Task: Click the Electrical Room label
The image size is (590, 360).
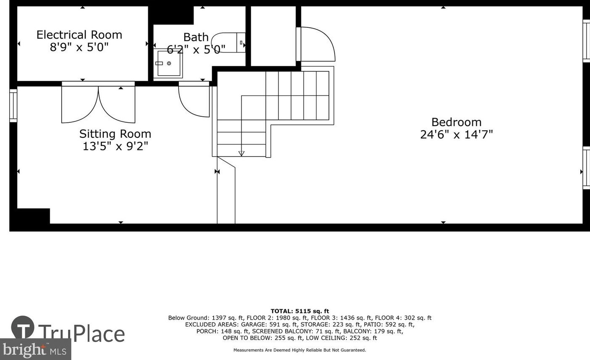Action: pyautogui.click(x=79, y=35)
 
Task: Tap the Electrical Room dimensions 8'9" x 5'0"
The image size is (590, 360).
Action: pyautogui.click(x=79, y=47)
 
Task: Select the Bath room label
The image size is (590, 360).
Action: pyautogui.click(x=196, y=37)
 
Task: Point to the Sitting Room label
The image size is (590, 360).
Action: pyautogui.click(x=115, y=134)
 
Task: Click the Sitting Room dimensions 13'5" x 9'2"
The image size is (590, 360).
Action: pyautogui.click(x=115, y=146)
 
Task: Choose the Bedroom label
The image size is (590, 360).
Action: pyautogui.click(x=456, y=122)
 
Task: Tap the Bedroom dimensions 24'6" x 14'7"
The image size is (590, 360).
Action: pyautogui.click(x=456, y=135)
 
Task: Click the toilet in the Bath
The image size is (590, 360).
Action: pyautogui.click(x=228, y=42)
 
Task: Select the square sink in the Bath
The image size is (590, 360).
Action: pyautogui.click(x=168, y=63)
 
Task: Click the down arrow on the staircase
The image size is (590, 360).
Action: pyautogui.click(x=241, y=153)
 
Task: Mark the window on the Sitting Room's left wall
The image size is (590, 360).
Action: pyautogui.click(x=13, y=106)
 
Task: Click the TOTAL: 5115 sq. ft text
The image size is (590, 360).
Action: pyautogui.click(x=300, y=311)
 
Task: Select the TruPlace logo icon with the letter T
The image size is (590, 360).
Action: pyautogui.click(x=23, y=327)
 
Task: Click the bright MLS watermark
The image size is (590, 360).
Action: pyautogui.click(x=35, y=349)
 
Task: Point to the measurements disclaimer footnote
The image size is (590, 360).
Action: pyautogui.click(x=300, y=350)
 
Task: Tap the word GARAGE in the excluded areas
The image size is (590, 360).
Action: pyautogui.click(x=254, y=324)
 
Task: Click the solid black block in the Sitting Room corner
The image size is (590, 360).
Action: pyautogui.click(x=34, y=216)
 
